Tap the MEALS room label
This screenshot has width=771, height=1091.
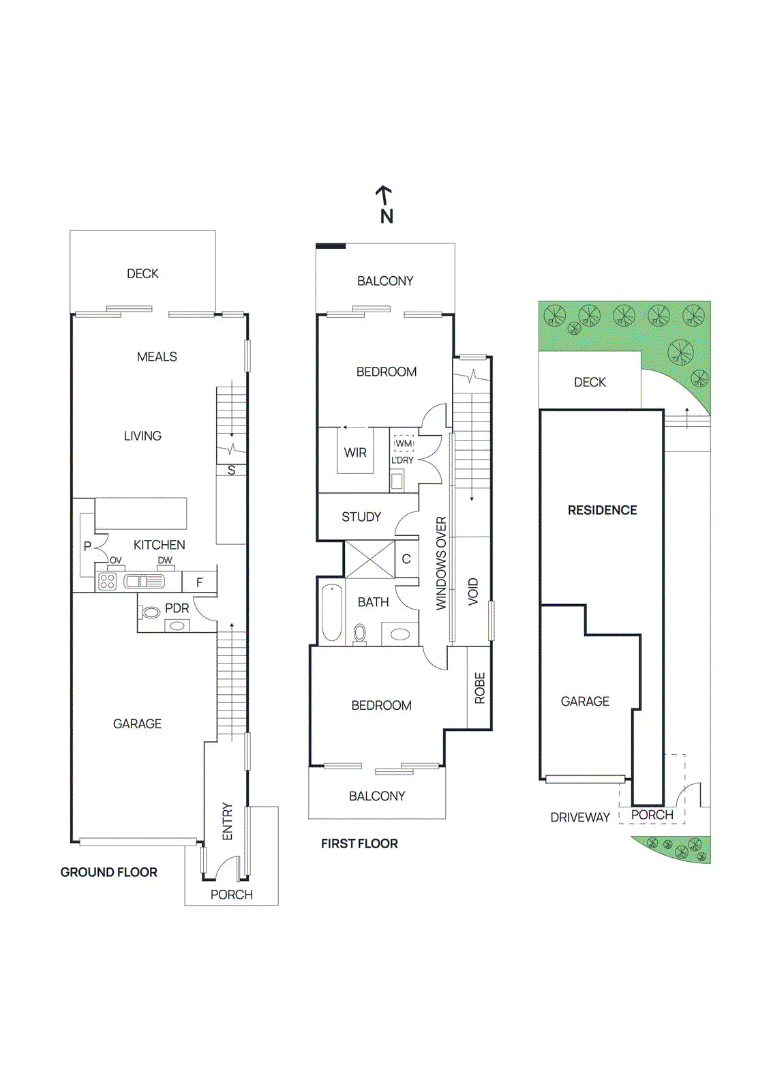click(157, 357)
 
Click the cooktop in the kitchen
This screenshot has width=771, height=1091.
click(108, 582)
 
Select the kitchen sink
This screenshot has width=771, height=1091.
click(144, 582)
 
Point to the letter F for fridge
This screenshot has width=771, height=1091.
click(199, 582)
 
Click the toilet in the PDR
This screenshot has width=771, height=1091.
click(151, 612)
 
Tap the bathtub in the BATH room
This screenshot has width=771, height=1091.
click(332, 612)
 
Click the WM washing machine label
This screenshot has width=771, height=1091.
click(404, 443)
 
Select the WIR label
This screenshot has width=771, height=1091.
click(355, 453)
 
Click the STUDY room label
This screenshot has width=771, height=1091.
click(361, 517)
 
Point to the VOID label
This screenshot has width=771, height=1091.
click(473, 591)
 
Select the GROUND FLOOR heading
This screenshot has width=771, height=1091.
click(108, 872)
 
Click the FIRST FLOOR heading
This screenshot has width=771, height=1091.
click(359, 843)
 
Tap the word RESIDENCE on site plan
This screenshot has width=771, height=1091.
click(602, 510)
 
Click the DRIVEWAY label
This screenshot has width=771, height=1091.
click(580, 817)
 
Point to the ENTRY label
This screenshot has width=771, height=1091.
click(228, 821)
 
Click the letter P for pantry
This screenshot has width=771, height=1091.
click(87, 546)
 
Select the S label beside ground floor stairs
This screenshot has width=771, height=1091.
click(231, 470)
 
